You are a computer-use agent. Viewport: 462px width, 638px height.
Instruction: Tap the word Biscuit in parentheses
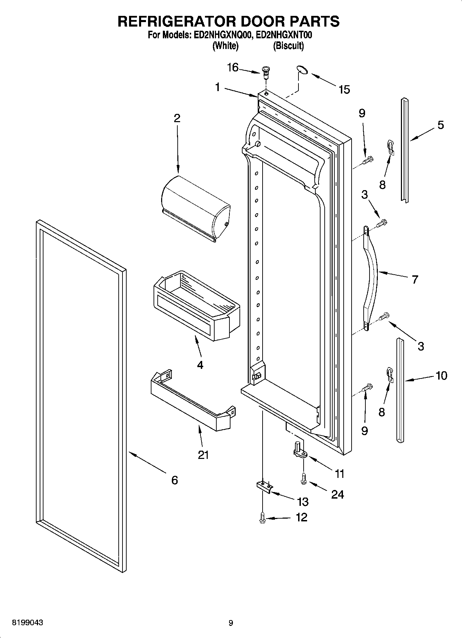(x=288, y=46)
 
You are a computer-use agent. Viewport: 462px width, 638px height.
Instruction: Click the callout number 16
(x=233, y=67)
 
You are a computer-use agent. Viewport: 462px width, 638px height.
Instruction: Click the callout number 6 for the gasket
(x=175, y=480)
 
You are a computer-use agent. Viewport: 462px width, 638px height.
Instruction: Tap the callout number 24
(x=337, y=494)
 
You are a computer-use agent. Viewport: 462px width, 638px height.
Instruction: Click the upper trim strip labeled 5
(x=404, y=150)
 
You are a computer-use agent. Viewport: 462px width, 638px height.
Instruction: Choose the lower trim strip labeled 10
(x=400, y=390)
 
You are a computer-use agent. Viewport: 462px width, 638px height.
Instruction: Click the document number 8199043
(x=28, y=623)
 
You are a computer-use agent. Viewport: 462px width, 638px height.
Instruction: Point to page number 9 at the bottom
(x=231, y=623)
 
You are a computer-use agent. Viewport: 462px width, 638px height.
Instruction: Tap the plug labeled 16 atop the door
(x=266, y=71)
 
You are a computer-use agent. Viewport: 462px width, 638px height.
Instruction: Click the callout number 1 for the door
(x=217, y=87)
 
